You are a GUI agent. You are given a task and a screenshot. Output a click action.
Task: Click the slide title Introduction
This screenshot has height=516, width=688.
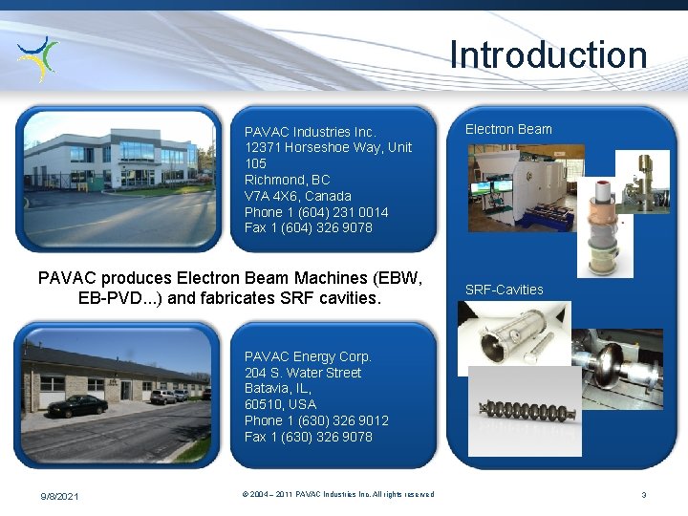pos(548,54)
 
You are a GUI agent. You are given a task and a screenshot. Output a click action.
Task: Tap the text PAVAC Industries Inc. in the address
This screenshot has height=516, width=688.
pos(310,131)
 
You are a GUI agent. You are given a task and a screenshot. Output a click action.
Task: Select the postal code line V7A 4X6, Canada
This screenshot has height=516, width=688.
pos(297,196)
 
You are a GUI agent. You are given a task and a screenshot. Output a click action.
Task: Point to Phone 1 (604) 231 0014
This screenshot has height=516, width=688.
pos(316,212)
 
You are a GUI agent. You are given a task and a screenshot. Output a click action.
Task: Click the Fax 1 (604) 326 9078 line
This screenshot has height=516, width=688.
pos(308,227)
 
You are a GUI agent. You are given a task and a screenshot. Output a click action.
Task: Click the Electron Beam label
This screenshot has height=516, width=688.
pos(508,129)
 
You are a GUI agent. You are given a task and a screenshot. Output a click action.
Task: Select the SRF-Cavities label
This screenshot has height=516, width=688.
pos(504,290)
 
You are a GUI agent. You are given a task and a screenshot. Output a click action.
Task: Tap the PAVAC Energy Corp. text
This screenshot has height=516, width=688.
pos(308,356)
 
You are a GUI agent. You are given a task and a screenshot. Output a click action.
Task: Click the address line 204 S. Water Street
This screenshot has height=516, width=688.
pos(302,373)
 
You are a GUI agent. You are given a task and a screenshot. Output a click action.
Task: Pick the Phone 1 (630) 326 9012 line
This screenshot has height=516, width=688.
pos(316,420)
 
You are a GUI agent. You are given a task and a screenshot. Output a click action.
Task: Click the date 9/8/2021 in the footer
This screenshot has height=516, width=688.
pos(59,495)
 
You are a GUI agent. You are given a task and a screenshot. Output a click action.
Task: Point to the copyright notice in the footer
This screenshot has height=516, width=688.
pos(337,494)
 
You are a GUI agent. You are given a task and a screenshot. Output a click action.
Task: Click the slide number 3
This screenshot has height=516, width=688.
pos(643,495)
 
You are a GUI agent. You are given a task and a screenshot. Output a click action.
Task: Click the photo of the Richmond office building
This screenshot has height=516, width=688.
pos(119,179)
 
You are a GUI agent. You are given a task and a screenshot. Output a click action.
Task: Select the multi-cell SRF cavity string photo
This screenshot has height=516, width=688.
pos(524,410)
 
